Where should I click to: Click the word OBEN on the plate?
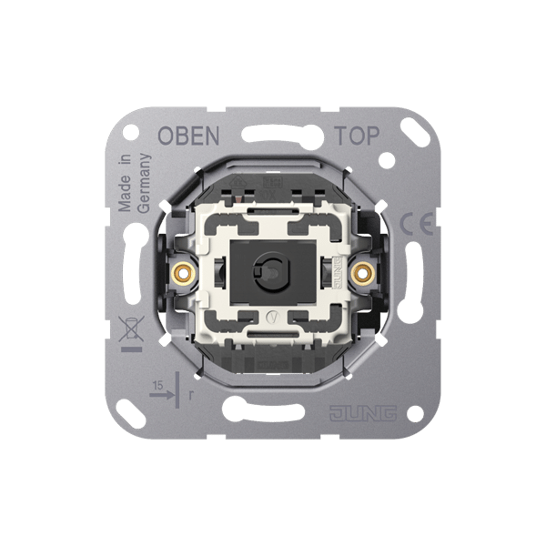188,137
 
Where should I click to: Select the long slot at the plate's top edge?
273,140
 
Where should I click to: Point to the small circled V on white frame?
273,319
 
